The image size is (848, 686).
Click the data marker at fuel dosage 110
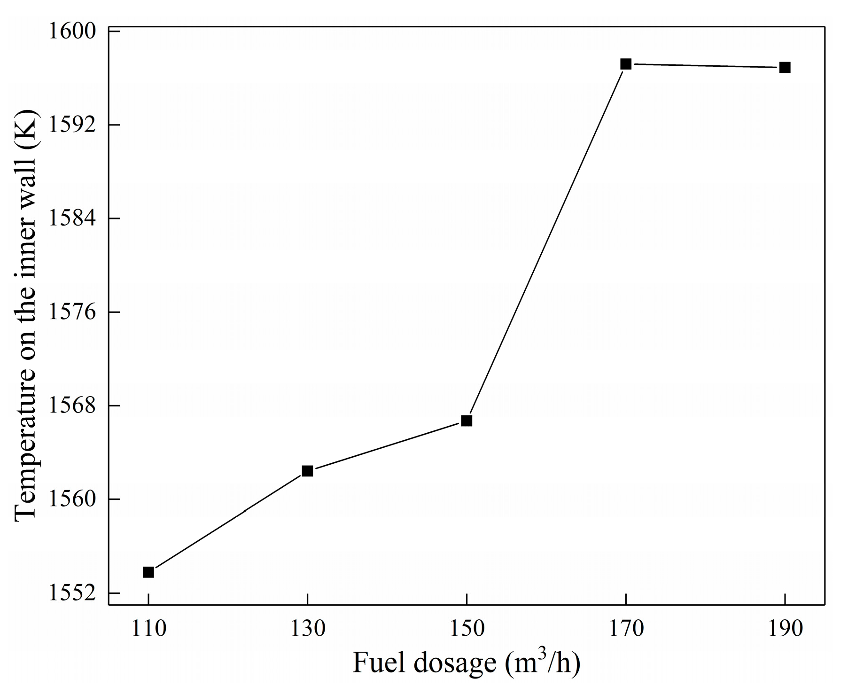(148, 572)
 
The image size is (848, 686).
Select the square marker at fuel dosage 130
(307, 471)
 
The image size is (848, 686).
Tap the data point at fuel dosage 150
(467, 421)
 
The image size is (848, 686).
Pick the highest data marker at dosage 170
(626, 64)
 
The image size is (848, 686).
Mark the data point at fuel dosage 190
(785, 67)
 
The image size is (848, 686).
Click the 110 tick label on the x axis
(148, 629)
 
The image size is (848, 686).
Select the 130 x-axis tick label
(307, 629)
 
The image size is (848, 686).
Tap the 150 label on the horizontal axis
(467, 629)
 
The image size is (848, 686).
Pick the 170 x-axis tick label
(626, 629)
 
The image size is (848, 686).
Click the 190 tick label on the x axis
(785, 629)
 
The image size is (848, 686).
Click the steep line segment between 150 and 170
(546, 242)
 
